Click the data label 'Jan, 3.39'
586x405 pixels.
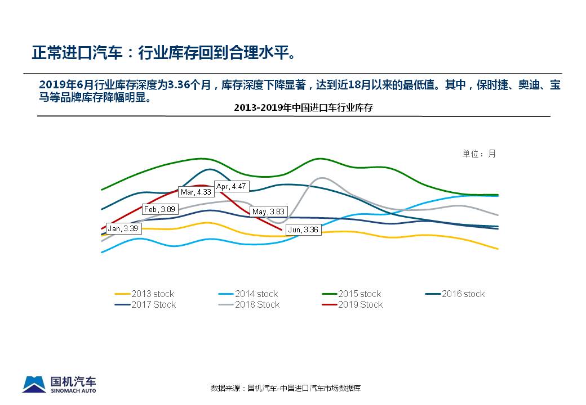[122, 229]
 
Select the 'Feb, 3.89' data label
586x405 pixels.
[160, 209]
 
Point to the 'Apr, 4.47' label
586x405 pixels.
[232, 187]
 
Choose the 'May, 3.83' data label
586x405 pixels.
[268, 212]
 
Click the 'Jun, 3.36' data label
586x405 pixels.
[303, 229]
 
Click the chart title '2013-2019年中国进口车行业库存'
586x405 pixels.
[303, 107]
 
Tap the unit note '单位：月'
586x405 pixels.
[479, 154]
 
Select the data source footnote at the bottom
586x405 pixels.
[286, 388]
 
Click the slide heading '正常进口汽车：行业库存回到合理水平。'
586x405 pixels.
[163, 53]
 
